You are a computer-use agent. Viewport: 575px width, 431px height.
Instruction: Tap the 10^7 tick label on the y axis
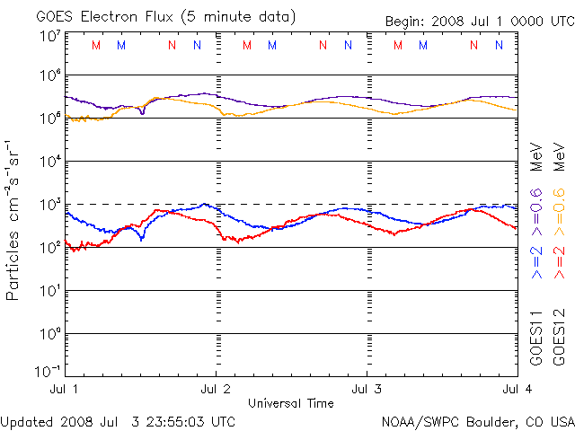[49, 36]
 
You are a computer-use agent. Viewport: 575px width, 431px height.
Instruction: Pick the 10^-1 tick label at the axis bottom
[48, 370]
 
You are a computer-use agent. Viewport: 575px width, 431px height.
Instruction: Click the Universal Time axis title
[291, 403]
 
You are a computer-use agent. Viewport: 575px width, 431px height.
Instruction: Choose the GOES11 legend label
[536, 338]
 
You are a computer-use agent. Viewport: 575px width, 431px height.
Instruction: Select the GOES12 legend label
[559, 338]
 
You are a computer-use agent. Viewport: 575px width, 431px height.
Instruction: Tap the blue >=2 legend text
[536, 261]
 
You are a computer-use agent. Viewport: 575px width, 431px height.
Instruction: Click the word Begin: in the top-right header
[406, 22]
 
